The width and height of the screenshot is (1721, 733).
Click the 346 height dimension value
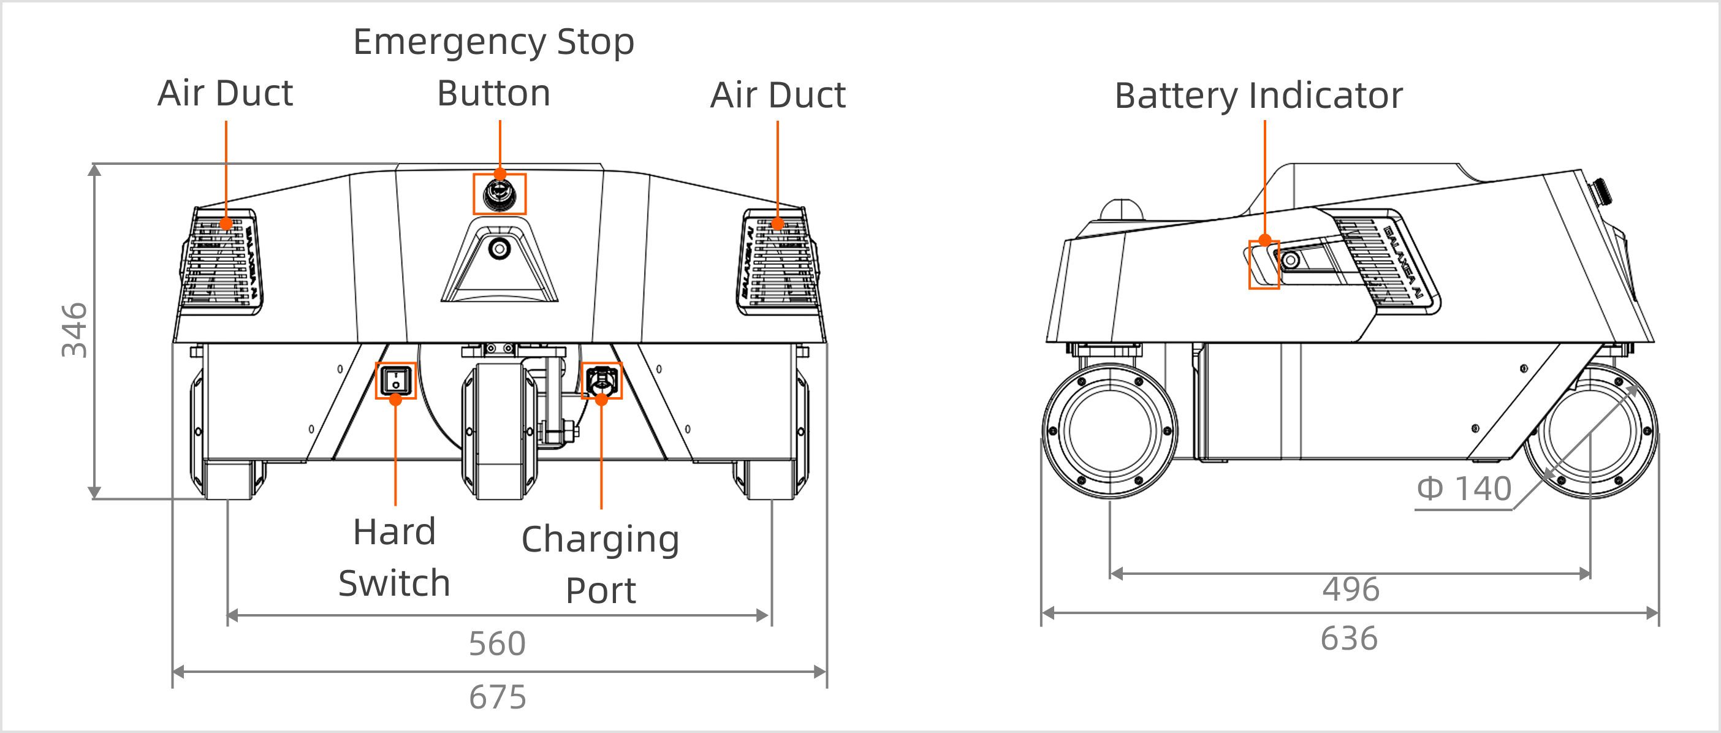pos(74,330)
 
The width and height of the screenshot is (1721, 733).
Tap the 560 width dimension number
pos(497,644)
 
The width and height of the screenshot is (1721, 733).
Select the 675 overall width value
pos(497,697)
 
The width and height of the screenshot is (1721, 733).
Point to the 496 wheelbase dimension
pos(1350,589)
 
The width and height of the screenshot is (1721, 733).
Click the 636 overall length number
pos(1349,638)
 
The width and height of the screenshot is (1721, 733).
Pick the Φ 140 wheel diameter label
pos(1464,488)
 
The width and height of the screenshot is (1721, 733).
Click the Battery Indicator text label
pos(1259,95)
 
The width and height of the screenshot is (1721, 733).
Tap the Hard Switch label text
pos(394,557)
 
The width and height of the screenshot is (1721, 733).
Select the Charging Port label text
pos(600,564)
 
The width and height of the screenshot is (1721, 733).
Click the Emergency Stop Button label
pos(494,67)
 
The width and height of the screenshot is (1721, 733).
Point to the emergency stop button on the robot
pos(499,194)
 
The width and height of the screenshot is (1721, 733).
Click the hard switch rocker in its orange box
pos(395,381)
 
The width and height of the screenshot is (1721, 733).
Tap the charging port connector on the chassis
pos(601,381)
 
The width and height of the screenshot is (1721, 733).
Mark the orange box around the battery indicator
pos(1263,265)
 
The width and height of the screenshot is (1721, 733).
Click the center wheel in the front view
pos(499,431)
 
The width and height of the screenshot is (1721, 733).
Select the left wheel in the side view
pos(1111,431)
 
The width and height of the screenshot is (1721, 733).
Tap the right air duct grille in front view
pos(778,262)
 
